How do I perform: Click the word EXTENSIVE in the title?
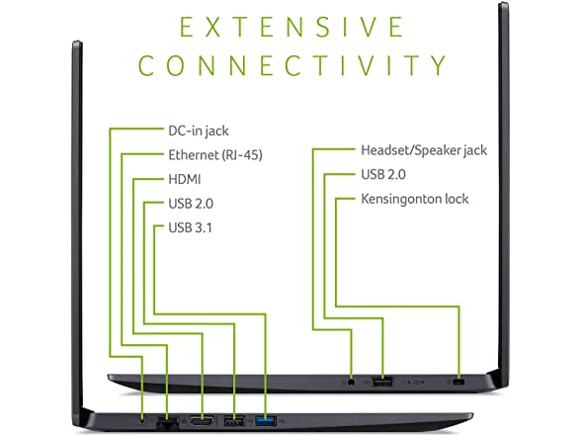click(x=291, y=27)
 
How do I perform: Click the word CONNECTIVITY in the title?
click(x=292, y=65)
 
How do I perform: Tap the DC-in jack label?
click(x=199, y=131)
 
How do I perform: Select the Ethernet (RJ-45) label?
click(x=215, y=155)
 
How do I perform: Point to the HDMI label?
click(x=185, y=180)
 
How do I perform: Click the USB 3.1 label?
click(x=191, y=227)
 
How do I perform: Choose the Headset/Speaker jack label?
click(x=424, y=150)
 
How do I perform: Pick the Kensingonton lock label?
click(x=415, y=199)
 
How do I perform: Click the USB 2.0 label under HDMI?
click(x=191, y=204)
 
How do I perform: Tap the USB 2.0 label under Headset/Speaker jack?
click(x=383, y=174)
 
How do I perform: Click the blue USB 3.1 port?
click(x=266, y=421)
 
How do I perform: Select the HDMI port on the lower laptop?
click(x=202, y=420)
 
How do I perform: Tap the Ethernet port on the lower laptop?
click(x=167, y=422)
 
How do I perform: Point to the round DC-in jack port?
click(x=142, y=420)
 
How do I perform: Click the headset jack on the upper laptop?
click(x=352, y=382)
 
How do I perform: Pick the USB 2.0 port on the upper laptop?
click(x=382, y=382)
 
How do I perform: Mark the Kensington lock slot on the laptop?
click(x=459, y=382)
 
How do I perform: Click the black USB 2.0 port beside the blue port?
click(x=234, y=421)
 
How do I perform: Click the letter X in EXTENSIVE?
click(x=213, y=27)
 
